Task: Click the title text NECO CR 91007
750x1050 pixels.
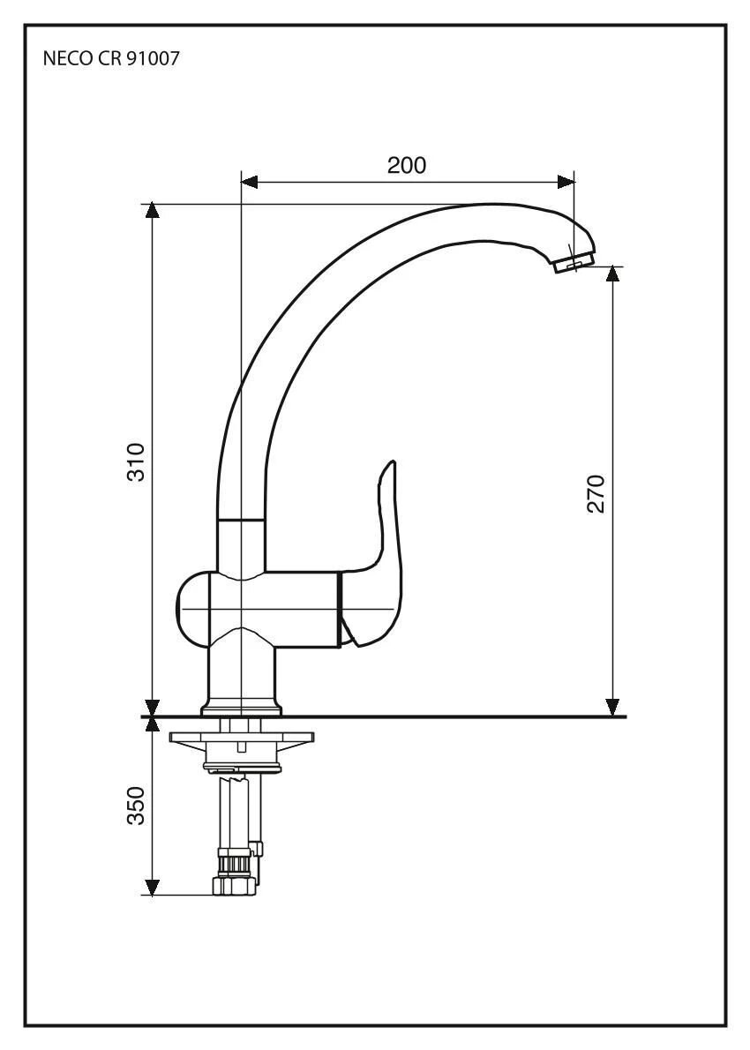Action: coord(111,59)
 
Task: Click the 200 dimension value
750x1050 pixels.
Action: coord(407,165)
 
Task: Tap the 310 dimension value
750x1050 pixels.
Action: coord(136,461)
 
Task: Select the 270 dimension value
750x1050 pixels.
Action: coord(596,493)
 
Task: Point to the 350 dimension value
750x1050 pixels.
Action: coord(136,806)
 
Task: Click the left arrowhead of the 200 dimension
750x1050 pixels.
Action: coord(249,182)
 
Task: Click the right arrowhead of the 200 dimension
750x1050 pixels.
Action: coord(566,182)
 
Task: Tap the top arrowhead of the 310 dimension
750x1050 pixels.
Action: coord(153,210)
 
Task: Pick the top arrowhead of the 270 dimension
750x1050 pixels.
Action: coord(611,274)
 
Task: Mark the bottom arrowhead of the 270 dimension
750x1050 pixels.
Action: coord(611,707)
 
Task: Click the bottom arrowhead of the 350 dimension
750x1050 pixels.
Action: coord(153,887)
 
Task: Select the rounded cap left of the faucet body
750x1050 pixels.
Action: coord(193,609)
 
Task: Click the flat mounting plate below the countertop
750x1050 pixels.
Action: coord(241,738)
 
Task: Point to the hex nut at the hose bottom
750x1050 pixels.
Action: coord(235,886)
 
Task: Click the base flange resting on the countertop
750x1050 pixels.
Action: coord(241,708)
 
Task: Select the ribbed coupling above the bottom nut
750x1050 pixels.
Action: coord(235,863)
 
